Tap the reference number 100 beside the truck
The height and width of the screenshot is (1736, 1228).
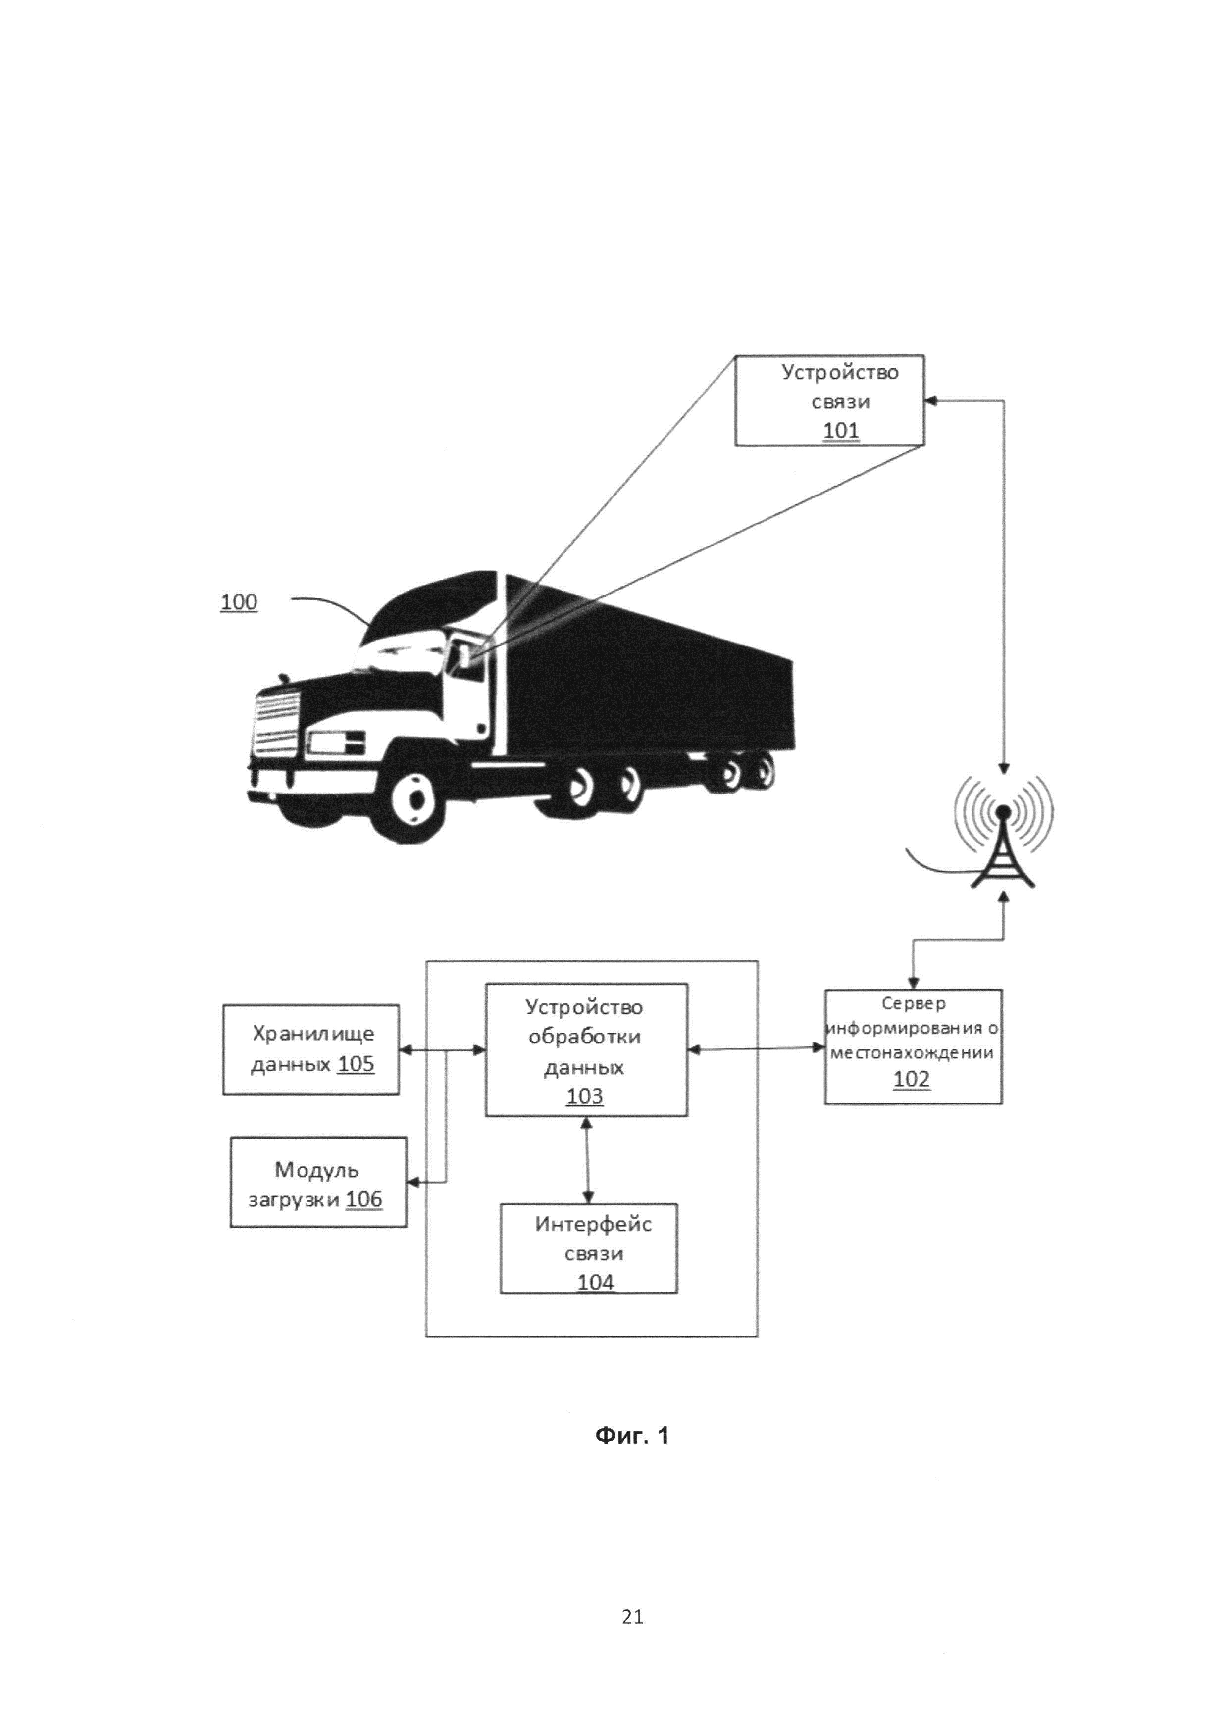[x=239, y=602]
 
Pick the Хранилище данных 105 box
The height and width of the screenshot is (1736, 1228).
[x=311, y=1049]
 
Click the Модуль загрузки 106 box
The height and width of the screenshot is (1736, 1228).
[x=318, y=1182]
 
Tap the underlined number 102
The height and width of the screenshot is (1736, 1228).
[x=911, y=1079]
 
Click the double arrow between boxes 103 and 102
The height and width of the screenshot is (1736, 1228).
[x=756, y=1049]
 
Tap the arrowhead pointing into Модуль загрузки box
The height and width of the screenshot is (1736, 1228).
[x=413, y=1182]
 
